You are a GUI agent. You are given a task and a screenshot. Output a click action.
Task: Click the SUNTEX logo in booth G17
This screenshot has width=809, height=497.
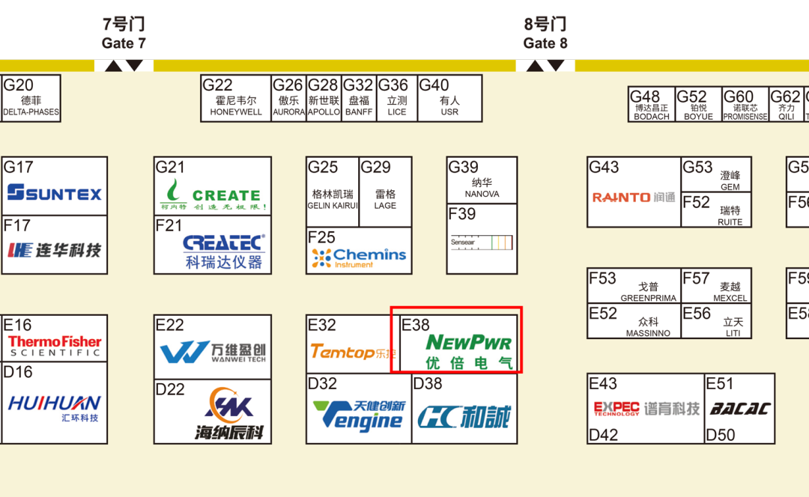tap(55, 194)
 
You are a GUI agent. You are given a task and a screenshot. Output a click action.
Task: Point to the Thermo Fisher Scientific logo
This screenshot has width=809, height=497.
tap(55, 345)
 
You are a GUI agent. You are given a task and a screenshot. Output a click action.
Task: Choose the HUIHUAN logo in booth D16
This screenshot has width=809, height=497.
tap(54, 405)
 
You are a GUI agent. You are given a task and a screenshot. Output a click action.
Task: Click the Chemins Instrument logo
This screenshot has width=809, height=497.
tap(359, 257)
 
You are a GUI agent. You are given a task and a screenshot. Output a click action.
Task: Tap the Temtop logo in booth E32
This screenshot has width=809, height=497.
tap(353, 351)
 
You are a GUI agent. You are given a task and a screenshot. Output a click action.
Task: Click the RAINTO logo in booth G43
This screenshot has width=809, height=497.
tap(633, 198)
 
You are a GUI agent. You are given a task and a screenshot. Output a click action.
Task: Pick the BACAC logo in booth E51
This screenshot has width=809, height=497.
tap(740, 409)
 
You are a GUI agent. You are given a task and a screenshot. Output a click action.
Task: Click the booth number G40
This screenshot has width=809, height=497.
tap(434, 85)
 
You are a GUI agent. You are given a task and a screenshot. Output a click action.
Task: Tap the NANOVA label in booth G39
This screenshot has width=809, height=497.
tap(482, 194)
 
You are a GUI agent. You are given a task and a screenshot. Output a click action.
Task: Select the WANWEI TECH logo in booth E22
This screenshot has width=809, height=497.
tap(213, 352)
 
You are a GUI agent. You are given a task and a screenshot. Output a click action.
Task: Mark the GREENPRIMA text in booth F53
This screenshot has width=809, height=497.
tap(648, 298)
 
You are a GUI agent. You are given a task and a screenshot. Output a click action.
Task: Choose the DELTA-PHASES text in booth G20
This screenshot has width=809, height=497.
tap(31, 112)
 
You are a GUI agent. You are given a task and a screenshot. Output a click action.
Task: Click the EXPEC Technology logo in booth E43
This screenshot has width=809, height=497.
tap(616, 408)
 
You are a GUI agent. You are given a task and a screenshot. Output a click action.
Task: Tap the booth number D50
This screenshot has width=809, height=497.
tap(721, 435)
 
